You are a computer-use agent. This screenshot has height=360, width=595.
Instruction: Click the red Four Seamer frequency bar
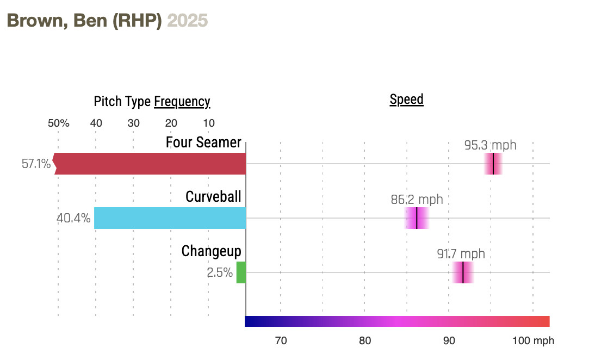tap(150, 164)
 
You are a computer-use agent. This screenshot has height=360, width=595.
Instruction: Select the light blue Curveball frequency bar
tap(170, 218)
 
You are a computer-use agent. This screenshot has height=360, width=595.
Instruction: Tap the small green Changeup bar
tap(241, 272)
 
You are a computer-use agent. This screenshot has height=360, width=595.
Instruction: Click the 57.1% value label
tap(36, 164)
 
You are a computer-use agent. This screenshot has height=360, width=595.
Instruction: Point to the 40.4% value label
tap(73, 219)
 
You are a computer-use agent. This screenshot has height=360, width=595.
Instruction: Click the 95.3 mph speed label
tap(490, 145)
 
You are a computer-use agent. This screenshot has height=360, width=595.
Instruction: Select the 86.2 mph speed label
tap(417, 200)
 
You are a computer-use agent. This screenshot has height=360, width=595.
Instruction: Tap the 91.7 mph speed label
tap(461, 254)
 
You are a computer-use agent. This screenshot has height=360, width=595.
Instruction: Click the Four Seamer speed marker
tap(493, 164)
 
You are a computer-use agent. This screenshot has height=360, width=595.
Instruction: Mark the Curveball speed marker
tap(417, 218)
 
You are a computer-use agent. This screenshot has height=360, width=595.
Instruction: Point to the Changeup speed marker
tap(463, 272)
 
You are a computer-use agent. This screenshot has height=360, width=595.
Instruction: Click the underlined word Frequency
tap(182, 102)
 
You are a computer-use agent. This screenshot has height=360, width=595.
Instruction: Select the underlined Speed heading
tap(406, 100)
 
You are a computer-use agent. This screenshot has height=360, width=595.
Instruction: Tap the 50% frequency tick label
tap(59, 123)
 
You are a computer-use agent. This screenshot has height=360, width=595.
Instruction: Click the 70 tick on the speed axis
tap(281, 341)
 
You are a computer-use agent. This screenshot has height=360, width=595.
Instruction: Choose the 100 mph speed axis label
tap(533, 341)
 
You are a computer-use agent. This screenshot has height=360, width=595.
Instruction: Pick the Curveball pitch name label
tap(213, 196)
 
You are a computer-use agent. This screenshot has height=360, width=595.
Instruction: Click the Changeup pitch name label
tap(211, 251)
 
